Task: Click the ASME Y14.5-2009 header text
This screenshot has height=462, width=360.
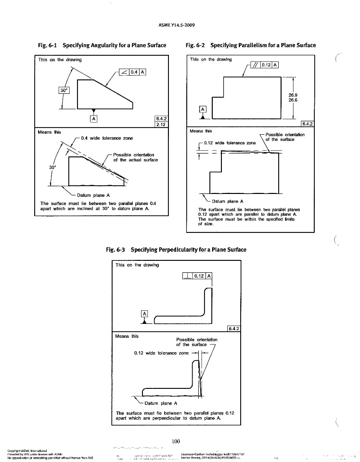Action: [x=179, y=25]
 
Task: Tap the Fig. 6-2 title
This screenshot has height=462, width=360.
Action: [x=250, y=45]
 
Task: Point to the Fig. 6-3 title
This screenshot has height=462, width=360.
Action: [x=176, y=250]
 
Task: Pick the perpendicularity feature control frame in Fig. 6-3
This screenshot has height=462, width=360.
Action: [x=198, y=276]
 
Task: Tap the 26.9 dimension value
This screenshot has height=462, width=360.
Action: [x=293, y=95]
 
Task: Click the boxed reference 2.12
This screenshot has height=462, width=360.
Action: [x=160, y=125]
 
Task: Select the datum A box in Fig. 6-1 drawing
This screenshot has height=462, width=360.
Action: [x=94, y=118]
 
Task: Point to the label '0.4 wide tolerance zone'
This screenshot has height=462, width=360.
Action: [x=107, y=138]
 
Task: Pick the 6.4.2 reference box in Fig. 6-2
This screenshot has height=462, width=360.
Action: [x=306, y=124]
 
